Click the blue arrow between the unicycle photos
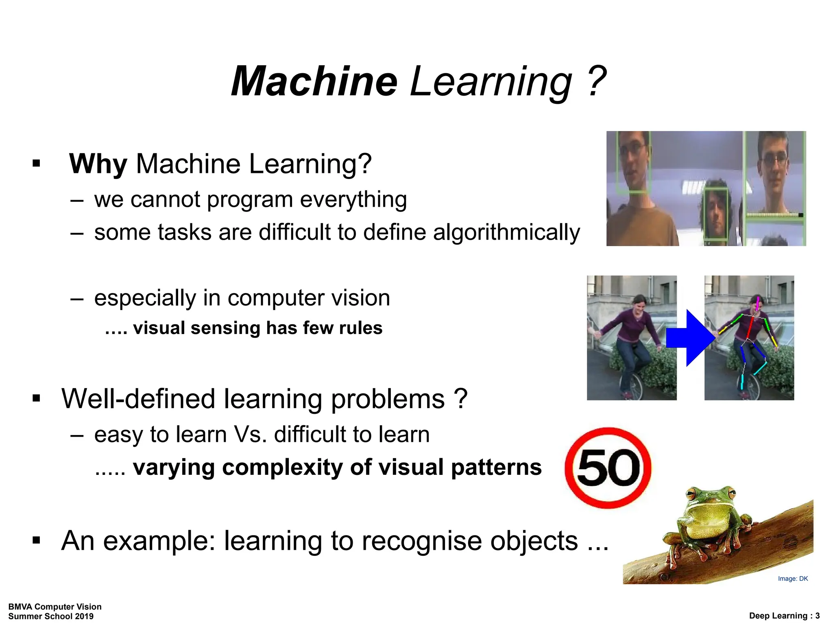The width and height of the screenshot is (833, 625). pyautogui.click(x=690, y=338)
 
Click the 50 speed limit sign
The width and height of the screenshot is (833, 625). pyautogui.click(x=608, y=468)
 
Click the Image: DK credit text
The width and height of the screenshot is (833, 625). pyautogui.click(x=792, y=579)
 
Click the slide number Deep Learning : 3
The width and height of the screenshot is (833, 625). pyautogui.click(x=784, y=616)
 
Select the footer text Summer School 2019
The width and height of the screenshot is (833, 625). pyautogui.click(x=51, y=616)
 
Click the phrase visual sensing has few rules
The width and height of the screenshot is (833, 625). pyautogui.click(x=257, y=328)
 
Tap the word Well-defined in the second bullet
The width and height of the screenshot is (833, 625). pyautogui.click(x=138, y=399)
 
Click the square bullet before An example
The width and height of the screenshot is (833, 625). pyautogui.click(x=37, y=541)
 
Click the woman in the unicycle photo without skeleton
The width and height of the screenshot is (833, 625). pyautogui.click(x=630, y=338)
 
